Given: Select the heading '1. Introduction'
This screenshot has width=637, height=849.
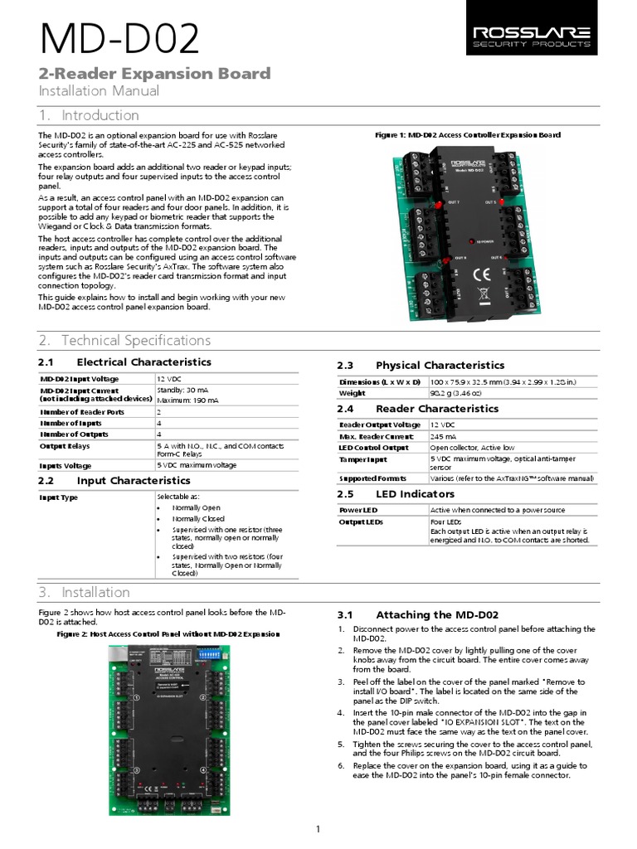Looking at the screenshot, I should (x=89, y=115).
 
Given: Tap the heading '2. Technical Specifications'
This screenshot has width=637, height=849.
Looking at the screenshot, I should (x=124, y=340).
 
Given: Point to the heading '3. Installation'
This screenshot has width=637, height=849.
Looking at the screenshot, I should (x=84, y=592).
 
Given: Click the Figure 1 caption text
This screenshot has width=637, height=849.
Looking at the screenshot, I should (x=468, y=134).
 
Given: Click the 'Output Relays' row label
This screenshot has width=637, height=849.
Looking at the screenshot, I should (x=64, y=445).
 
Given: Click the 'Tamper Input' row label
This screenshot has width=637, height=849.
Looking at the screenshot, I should (x=362, y=458).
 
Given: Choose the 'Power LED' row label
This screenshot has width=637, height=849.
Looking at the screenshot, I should (x=358, y=509).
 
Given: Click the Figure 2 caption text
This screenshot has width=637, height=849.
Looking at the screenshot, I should (x=168, y=633).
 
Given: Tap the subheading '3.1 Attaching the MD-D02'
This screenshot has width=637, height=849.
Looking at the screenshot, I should (x=418, y=614).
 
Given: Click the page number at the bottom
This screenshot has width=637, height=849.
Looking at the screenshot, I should (x=318, y=829).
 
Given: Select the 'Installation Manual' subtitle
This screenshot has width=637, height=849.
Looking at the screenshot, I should (x=100, y=90).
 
